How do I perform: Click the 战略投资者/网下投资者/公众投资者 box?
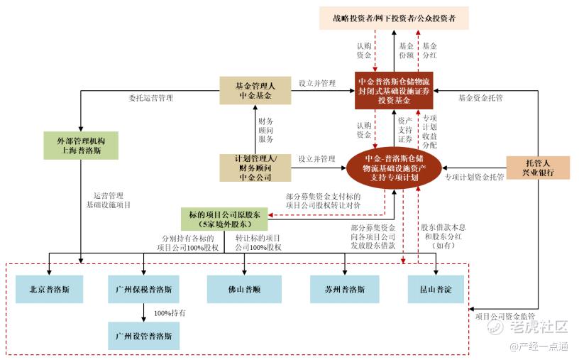tap(393, 16)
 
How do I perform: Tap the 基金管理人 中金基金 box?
tap(254, 89)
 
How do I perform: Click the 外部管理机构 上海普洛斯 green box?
tap(80, 146)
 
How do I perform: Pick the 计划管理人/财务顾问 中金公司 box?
tap(254, 168)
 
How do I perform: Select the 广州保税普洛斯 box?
tap(143, 290)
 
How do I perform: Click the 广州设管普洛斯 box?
tap(143, 334)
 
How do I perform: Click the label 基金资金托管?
tap(480, 97)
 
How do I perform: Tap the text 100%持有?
tap(170, 312)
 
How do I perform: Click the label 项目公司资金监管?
tap(504, 315)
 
